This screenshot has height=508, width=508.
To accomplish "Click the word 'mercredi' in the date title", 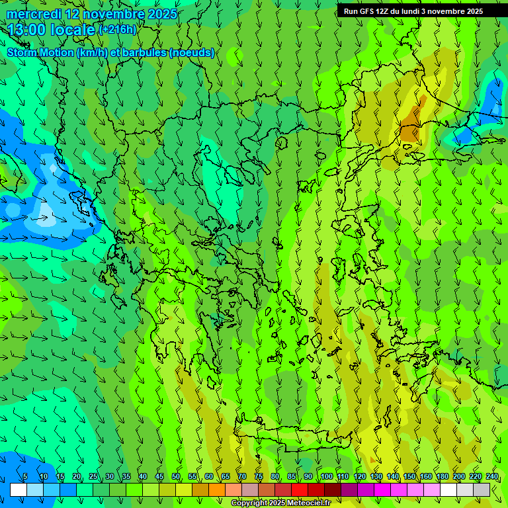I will [34, 14].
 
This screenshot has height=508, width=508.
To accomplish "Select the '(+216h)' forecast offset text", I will [117, 30].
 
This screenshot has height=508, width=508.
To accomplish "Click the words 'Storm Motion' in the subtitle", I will [40, 53].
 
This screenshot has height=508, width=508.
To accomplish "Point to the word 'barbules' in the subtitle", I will [144, 53].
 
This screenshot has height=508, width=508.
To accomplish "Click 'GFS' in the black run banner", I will [368, 11].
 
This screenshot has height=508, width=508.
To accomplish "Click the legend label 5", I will [25, 477].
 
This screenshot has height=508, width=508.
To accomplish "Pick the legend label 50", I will [176, 477].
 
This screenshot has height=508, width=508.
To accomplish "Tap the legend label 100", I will [326, 477].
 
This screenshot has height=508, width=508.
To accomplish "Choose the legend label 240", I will [492, 477].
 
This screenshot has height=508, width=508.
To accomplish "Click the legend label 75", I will [259, 477].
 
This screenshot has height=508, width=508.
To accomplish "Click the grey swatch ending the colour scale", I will [482, 489].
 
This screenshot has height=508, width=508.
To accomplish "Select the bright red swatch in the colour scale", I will [300, 489].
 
